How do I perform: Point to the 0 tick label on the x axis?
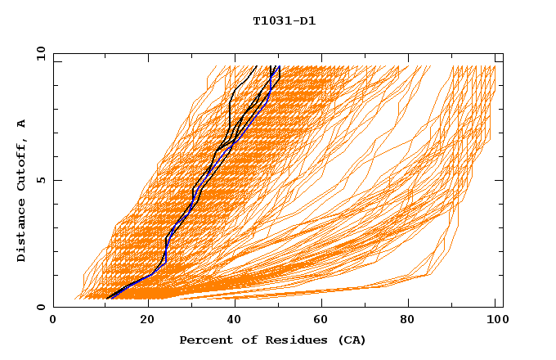[x=53, y=321]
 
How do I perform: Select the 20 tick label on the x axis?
[x=148, y=321]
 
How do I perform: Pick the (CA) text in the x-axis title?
[x=352, y=340]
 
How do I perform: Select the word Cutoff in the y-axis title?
[x=22, y=164]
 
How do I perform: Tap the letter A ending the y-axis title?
[x=22, y=124]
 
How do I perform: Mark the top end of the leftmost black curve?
[x=256, y=66]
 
